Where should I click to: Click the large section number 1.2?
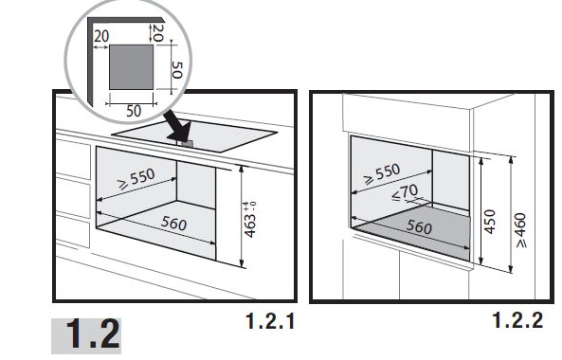93,335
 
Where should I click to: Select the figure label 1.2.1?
270,321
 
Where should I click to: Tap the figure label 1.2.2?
517,320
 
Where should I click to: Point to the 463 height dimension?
250,225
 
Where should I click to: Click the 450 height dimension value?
490,222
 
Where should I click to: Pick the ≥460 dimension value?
520,230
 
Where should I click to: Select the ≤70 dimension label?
405,192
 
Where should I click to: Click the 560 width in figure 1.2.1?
173,224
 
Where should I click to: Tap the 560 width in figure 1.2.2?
419,226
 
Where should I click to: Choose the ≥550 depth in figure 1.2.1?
136,178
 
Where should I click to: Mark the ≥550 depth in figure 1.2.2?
381,173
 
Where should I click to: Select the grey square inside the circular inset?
131,67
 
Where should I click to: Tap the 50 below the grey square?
134,111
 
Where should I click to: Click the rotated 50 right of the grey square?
177,70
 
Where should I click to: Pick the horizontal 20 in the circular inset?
101,36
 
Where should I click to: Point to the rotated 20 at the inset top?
158,32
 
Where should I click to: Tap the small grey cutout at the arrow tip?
187,144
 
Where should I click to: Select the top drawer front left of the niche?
73,159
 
